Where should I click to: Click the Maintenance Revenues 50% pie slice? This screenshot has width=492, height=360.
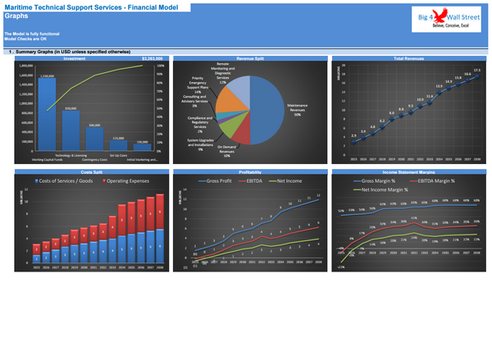[x=271, y=111]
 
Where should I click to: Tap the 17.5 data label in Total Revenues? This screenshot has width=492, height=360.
[x=477, y=71]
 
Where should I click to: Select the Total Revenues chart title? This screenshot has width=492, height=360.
[x=408, y=59]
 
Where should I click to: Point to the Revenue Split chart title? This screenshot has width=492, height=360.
[x=249, y=59]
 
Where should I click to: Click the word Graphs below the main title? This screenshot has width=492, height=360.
[x=16, y=16]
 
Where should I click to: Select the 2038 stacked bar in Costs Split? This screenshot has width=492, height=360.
[x=159, y=226]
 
